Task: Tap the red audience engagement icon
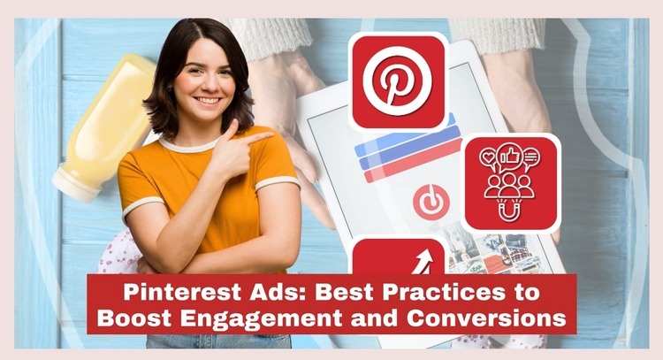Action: pyautogui.click(x=512, y=182)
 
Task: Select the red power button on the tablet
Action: pyautogui.click(x=431, y=203)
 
